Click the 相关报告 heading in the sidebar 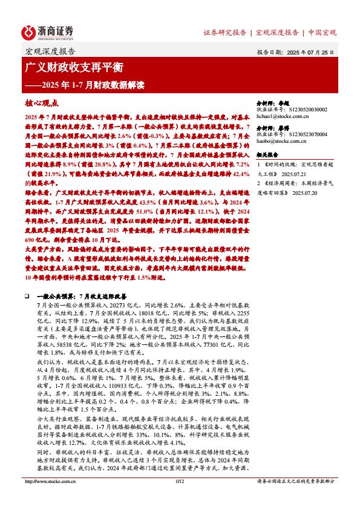pos(267,154)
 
